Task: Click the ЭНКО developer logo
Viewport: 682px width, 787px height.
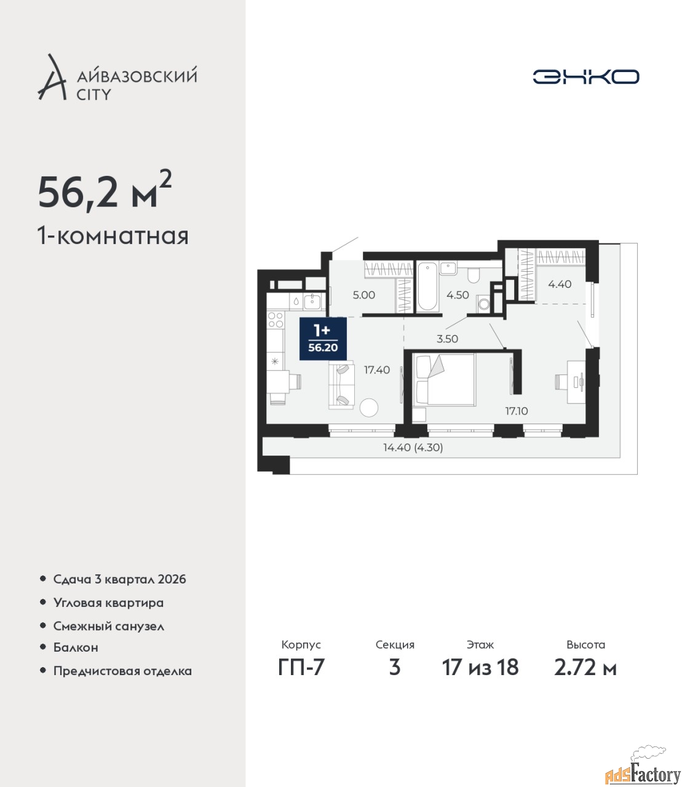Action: tap(585, 76)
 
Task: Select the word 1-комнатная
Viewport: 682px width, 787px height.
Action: tap(113, 237)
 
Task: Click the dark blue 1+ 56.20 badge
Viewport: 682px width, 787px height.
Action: tap(323, 339)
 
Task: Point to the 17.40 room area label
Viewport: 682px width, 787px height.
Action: tap(377, 370)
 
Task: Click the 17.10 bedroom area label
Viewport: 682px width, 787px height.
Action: tap(517, 411)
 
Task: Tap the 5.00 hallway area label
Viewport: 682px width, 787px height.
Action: tap(363, 295)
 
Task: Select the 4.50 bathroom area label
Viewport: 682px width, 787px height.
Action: tap(458, 295)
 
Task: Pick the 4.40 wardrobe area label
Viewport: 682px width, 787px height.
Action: tap(560, 284)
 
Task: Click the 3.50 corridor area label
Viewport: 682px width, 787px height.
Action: tap(447, 339)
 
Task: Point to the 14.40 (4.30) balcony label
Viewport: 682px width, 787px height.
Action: tap(413, 448)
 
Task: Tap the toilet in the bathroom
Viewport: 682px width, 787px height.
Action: tap(473, 275)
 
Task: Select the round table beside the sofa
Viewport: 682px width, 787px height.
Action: tap(368, 408)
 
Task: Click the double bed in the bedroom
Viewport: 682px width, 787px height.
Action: tap(445, 379)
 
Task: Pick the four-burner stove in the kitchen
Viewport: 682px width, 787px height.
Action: tap(276, 320)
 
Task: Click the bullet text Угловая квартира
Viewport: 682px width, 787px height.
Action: tap(108, 603)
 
